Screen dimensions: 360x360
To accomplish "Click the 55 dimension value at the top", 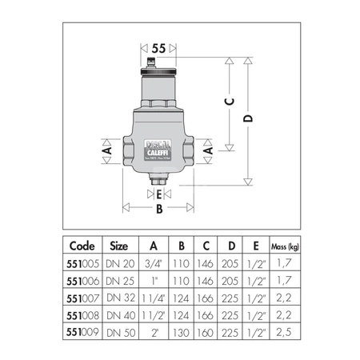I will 158,48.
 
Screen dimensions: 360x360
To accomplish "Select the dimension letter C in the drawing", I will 228,102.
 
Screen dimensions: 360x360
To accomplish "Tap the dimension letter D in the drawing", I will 250,119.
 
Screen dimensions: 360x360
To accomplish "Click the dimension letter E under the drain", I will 159,194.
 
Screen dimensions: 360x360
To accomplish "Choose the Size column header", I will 118,246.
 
